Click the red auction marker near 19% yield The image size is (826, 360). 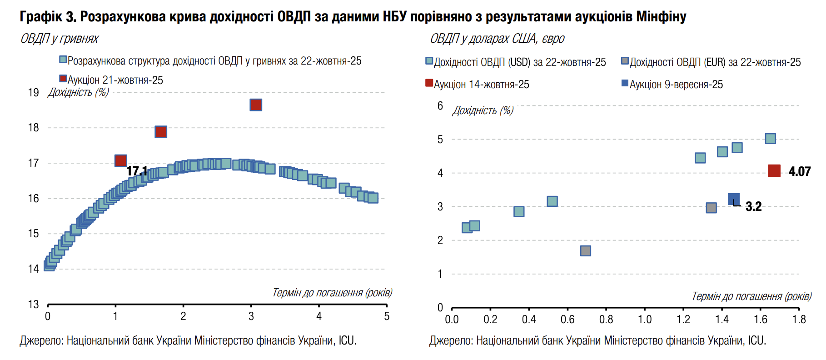pyautogui.click(x=256, y=105)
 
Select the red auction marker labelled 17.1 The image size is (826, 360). pyautogui.click(x=120, y=160)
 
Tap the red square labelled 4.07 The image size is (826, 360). pyautogui.click(x=774, y=171)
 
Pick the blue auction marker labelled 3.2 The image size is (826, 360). pyautogui.click(x=733, y=199)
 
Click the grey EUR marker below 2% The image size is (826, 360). pyautogui.click(x=586, y=251)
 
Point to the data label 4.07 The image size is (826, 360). pyautogui.click(x=800, y=171)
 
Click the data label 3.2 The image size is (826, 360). pyautogui.click(x=753, y=206)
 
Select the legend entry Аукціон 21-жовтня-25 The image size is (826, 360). pyautogui.click(x=115, y=80)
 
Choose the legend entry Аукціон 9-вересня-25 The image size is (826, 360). pyautogui.click(x=676, y=85)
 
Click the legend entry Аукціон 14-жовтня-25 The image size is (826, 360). pyautogui.click(x=481, y=85)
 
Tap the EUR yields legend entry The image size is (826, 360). pyautogui.click(x=715, y=62)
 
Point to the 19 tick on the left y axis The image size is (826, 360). pyautogui.click(x=34, y=93)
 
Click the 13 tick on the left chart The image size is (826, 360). pyautogui.click(x=34, y=304)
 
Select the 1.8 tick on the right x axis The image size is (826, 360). pyautogui.click(x=799, y=320)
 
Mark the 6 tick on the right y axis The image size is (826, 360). pyautogui.click(x=440, y=106)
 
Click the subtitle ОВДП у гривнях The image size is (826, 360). pyautogui.click(x=60, y=39)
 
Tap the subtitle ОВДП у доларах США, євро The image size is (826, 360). pyautogui.click(x=497, y=39)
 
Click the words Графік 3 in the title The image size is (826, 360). pyautogui.click(x=47, y=17)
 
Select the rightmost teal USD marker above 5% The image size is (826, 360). pyautogui.click(x=770, y=139)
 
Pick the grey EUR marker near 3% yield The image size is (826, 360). pyautogui.click(x=711, y=208)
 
